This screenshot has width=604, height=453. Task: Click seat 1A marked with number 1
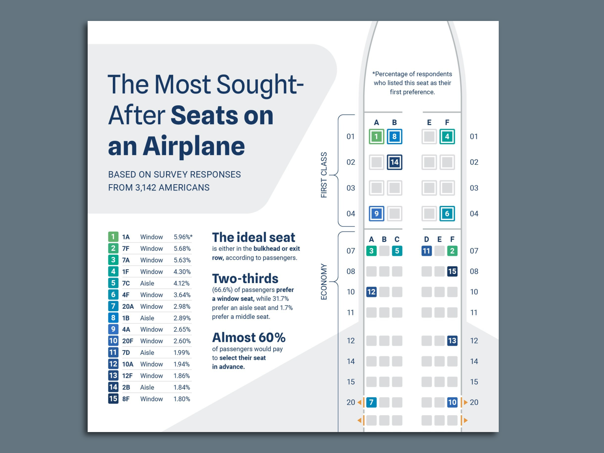point(376,136)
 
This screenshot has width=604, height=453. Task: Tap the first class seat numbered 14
point(394,162)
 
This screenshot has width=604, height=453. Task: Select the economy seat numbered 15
point(452,271)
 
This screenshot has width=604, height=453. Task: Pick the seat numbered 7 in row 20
point(371,402)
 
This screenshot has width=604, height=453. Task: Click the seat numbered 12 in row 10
point(371,292)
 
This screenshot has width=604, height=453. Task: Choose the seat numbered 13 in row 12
point(452,341)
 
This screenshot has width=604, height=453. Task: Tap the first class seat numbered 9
point(376,213)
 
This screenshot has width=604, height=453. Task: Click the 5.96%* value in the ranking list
point(183,237)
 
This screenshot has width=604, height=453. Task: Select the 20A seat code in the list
point(128,307)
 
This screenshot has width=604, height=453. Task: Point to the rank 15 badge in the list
point(113,398)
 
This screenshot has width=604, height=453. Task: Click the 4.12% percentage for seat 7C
point(182,284)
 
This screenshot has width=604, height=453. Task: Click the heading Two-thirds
point(245,279)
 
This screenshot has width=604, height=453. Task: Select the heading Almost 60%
point(249,338)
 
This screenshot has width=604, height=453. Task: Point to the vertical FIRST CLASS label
point(324,175)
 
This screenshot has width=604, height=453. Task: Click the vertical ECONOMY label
point(324,281)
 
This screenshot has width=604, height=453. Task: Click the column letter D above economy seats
point(427,239)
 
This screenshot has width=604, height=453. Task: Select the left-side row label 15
point(351,382)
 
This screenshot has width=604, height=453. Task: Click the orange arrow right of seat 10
point(465,402)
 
